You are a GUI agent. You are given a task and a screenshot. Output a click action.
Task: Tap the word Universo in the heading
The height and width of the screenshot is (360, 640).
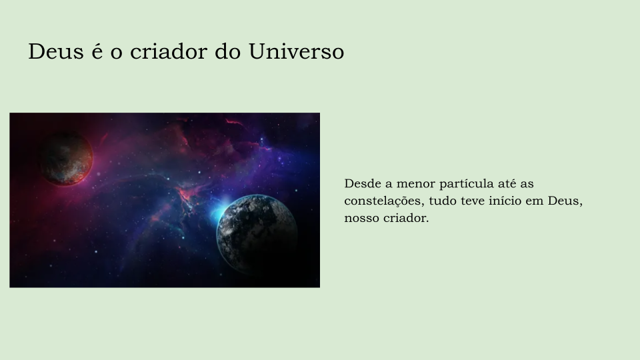point(296,52)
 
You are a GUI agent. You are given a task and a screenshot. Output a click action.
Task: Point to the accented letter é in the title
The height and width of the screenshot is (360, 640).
point(97,52)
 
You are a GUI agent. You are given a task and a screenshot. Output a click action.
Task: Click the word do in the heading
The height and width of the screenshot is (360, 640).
point(228,52)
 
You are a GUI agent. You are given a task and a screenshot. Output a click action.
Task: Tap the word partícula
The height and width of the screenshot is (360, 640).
point(467,185)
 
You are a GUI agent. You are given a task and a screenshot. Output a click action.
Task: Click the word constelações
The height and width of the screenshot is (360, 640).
point(383,201)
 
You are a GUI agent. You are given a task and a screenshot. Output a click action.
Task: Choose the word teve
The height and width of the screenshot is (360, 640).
point(473,201)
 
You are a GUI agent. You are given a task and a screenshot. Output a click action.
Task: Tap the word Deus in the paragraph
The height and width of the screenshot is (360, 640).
point(565,201)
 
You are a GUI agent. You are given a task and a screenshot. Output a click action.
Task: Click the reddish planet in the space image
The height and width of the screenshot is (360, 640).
point(66,158)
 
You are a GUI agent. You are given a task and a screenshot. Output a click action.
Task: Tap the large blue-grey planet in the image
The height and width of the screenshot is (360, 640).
point(257,234)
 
